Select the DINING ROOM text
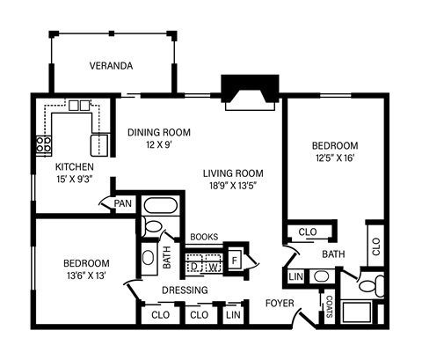pos(158,133)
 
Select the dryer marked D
pos(194,265)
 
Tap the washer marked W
pos(212,265)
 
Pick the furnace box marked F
pos(235,261)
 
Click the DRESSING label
pos(185,290)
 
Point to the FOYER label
pos(280,304)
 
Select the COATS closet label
pos(329,307)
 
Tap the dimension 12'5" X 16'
pos(334,158)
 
